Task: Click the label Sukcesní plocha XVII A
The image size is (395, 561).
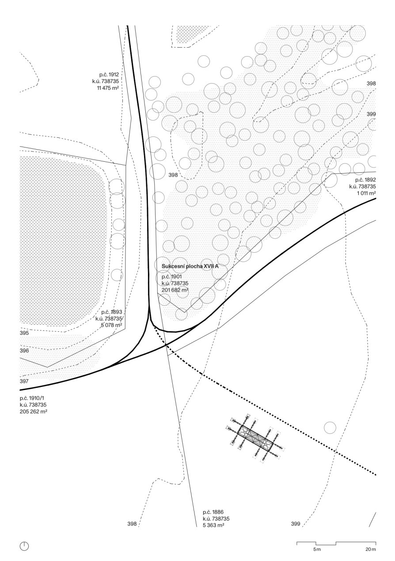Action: (x=190, y=266)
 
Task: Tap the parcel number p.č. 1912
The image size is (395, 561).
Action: (x=109, y=74)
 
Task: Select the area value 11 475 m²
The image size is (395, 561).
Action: (x=108, y=88)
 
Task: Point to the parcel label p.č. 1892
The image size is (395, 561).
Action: (x=365, y=180)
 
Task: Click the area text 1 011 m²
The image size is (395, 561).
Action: (x=366, y=193)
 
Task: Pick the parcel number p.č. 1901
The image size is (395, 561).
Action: (x=171, y=277)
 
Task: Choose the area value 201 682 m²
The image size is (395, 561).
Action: (x=175, y=290)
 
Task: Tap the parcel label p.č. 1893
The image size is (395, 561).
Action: (x=112, y=312)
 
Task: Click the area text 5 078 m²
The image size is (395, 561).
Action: (x=111, y=325)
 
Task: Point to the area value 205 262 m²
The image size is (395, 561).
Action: (x=34, y=412)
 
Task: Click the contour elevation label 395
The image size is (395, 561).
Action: (x=24, y=333)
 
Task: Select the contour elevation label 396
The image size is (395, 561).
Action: (x=24, y=351)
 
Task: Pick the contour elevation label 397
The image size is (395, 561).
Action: (x=24, y=381)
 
